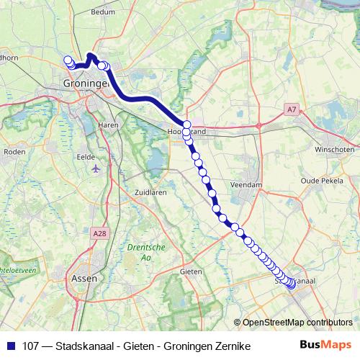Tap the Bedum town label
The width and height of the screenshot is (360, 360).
coord(104,12)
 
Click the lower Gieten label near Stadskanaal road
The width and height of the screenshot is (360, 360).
coord(190,271)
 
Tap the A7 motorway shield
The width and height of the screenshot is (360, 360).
coord(289,109)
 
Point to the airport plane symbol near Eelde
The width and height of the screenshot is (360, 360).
coord(97,168)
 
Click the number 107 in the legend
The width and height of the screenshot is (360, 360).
coord(31,346)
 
